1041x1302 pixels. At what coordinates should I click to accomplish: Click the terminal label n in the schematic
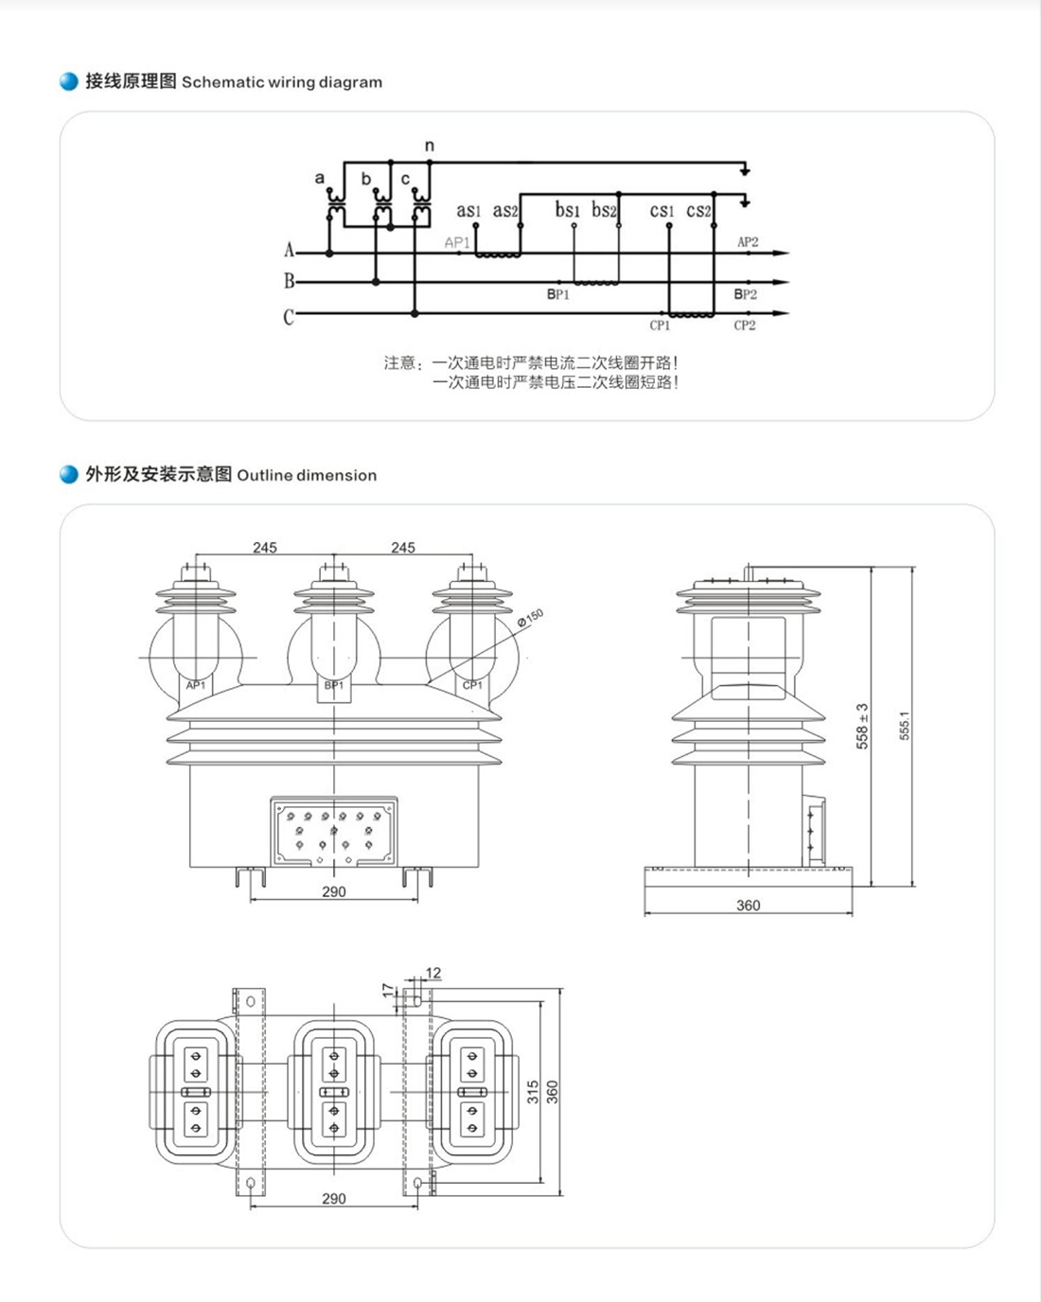point(430,146)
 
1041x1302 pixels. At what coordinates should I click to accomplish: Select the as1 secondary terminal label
point(468,210)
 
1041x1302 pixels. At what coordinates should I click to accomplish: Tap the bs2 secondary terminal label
point(604,210)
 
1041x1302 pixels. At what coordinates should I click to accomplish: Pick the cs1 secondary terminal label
point(662,210)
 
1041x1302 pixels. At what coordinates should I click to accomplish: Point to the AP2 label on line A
point(748,242)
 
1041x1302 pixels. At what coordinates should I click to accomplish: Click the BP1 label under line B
point(558,294)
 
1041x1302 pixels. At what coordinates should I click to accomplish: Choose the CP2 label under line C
point(745,325)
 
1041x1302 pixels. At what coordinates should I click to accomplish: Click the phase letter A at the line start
point(290,250)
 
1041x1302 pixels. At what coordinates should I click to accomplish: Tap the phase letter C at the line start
point(289,317)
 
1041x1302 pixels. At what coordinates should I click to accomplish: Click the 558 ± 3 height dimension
point(862,726)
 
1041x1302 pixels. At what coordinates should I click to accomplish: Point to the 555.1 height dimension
point(905,726)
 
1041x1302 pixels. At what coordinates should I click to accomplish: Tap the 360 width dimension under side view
point(748,906)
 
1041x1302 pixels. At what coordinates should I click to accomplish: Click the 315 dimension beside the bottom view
point(533,1092)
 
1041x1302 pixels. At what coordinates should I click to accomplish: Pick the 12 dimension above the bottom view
point(433,973)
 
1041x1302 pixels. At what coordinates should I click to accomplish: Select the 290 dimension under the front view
point(334,891)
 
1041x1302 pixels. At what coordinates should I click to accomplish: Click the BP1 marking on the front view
point(334,685)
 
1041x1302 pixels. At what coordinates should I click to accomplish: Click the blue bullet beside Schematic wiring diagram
point(69,81)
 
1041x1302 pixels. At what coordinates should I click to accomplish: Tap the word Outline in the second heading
point(264,475)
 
